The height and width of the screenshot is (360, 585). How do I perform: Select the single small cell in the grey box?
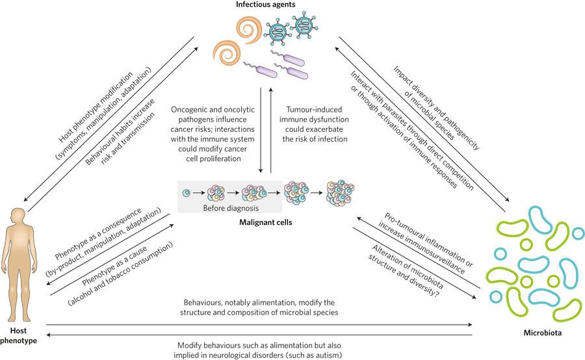(x=187, y=193)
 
